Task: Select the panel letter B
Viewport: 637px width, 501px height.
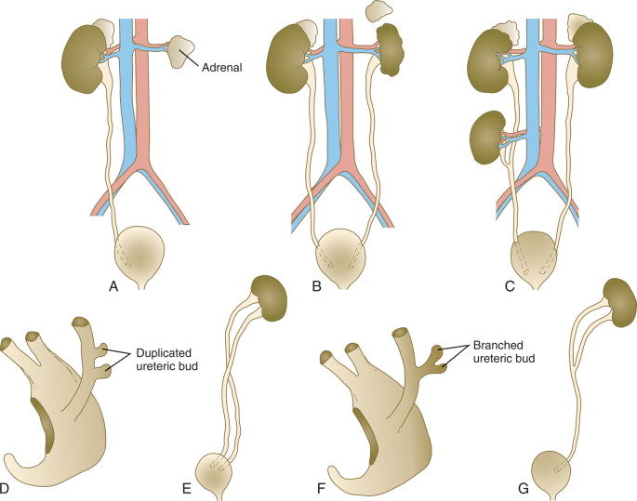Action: [x=316, y=287]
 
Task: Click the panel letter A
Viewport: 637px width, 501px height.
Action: [x=113, y=287]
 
